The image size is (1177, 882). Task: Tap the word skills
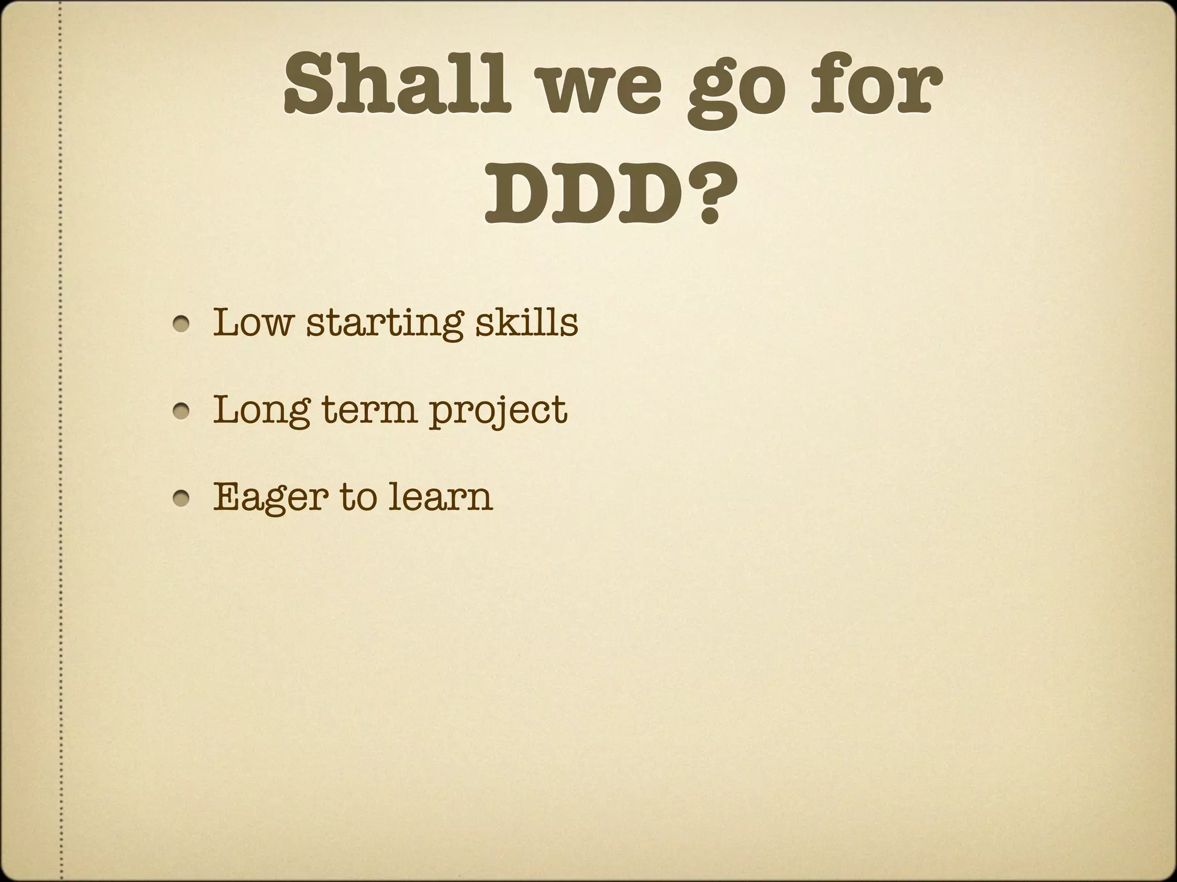pos(527,323)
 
